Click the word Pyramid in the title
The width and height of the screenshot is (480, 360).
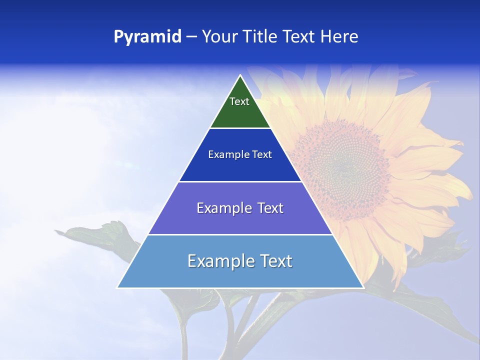click(147, 37)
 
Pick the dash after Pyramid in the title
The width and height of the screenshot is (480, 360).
click(191, 37)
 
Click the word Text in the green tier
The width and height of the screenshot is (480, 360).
click(239, 101)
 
